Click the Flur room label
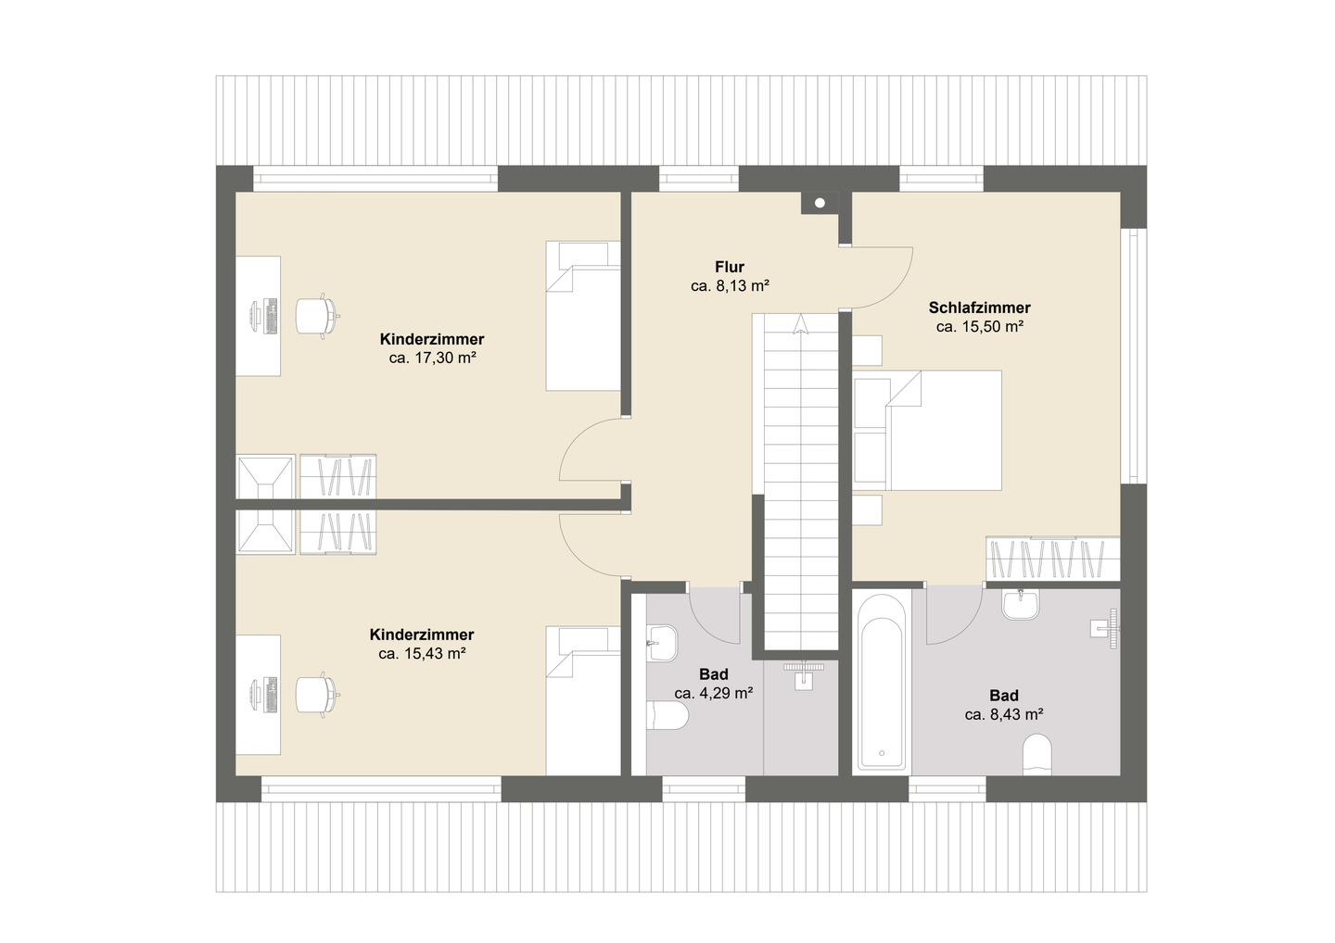coord(730,267)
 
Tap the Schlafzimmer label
coord(979,308)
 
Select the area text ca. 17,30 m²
coord(433,358)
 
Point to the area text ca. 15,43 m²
coord(422,654)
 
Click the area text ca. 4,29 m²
coord(714,693)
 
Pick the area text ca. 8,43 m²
coord(1004,714)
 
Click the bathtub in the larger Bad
coord(882,692)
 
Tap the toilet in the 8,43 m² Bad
coord(1037,754)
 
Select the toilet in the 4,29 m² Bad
coord(667,715)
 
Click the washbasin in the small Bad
coord(663,643)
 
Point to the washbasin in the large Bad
coord(1022,604)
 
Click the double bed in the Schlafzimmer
coord(927,431)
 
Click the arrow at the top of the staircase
coord(801,323)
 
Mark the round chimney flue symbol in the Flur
coord(820,203)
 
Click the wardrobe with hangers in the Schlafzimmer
coord(1053,559)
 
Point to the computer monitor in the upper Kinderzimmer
coord(256,316)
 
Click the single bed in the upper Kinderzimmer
coord(583,316)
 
